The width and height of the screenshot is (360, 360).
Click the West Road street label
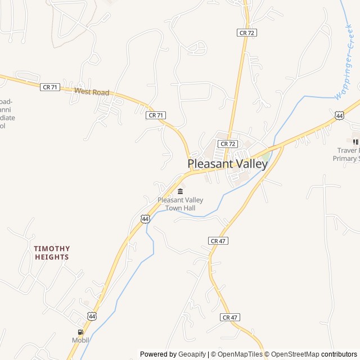(x=92, y=92)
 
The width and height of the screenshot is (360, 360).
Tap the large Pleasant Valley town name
(x=227, y=164)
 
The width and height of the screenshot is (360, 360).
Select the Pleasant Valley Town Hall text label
(x=180, y=204)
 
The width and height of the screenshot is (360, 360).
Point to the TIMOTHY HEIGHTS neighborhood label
(x=52, y=253)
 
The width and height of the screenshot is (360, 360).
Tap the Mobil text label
(x=80, y=340)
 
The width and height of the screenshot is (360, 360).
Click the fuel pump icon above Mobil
(x=80, y=331)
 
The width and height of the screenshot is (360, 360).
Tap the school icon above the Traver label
(x=355, y=141)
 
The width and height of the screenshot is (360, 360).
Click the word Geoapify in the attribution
(x=192, y=354)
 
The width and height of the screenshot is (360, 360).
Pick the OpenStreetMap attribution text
(x=293, y=354)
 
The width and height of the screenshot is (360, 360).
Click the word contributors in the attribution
(x=339, y=354)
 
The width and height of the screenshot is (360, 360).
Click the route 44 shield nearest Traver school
(x=339, y=115)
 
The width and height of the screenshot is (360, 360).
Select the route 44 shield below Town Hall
(x=146, y=218)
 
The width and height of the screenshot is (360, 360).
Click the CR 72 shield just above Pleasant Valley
(x=228, y=144)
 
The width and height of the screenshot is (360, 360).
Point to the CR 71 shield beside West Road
(x=50, y=87)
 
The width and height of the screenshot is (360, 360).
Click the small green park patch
(x=265, y=155)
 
